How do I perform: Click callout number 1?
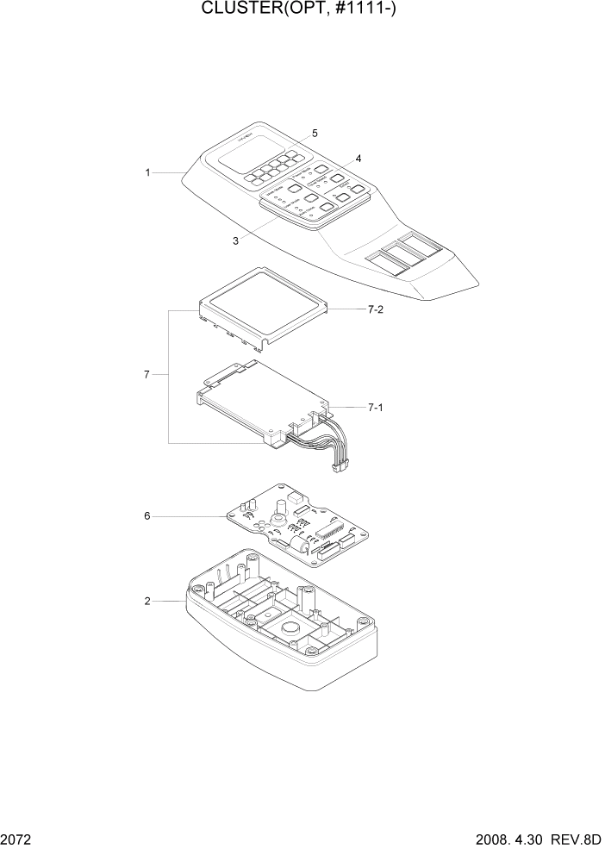pos(147,172)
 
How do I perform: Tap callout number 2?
pos(147,601)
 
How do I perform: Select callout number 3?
pos(235,241)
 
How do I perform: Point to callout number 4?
pos(358,159)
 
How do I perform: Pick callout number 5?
pos(315,133)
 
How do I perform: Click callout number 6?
pos(147,515)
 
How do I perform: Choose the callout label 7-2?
pos(375,309)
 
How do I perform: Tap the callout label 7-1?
pos(375,406)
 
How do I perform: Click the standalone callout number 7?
pos(147,374)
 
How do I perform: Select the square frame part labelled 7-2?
pos(265,306)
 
